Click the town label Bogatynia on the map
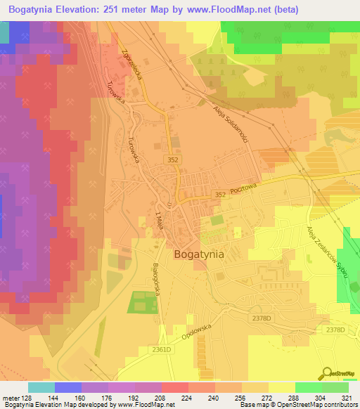click(198, 255)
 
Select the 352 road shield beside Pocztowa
click(220, 195)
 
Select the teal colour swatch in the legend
click(41, 387)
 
